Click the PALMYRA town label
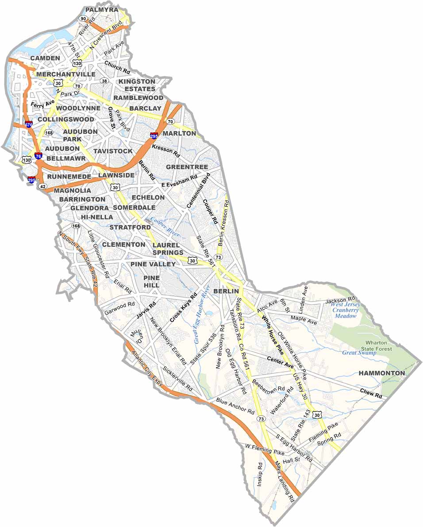point(102,9)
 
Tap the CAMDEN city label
point(45,58)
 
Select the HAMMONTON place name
point(381,373)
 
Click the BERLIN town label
point(226,291)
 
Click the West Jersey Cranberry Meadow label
point(346,310)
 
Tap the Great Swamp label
point(359,353)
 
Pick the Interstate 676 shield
point(28,125)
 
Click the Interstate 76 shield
point(38,156)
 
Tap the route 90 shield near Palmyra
point(83,19)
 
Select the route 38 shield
point(104,81)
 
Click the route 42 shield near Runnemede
point(42,187)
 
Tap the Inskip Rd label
point(260,475)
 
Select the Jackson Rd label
point(341,301)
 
